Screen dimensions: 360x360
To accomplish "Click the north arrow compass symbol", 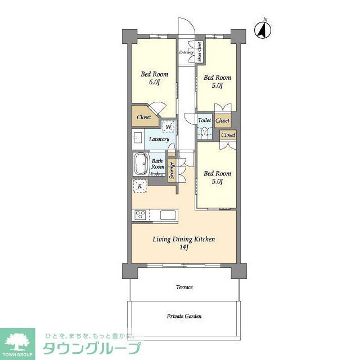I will click(262, 29).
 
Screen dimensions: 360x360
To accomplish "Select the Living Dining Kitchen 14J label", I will click(184, 242).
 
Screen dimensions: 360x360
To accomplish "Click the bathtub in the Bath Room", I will click(141, 165).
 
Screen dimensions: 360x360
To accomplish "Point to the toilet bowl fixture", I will click(205, 133).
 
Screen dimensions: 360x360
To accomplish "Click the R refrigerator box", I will click(139, 186).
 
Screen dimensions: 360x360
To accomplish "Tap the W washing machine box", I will click(168, 126).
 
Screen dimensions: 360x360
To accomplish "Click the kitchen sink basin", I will click(168, 215).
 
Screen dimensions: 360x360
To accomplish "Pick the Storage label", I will click(172, 171).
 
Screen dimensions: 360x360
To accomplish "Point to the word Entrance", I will click(187, 52).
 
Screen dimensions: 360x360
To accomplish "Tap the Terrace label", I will click(184, 287).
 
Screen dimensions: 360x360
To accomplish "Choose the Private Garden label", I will click(184, 316).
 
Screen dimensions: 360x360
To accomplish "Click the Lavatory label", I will click(159, 139).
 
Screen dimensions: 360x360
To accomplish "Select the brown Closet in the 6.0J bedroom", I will click(144, 118).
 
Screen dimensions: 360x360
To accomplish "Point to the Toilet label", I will click(205, 120).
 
